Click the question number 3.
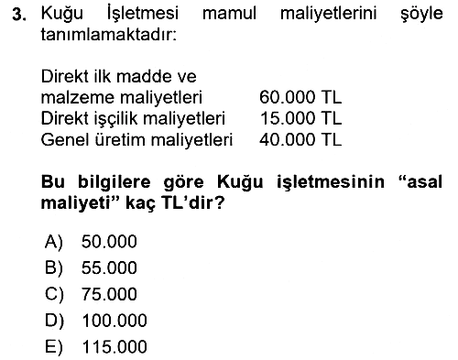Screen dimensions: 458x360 tap(19, 15)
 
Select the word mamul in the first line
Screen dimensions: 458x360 tap(229, 14)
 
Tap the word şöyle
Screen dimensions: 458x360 tap(421, 15)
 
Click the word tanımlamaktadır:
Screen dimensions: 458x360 tap(109, 35)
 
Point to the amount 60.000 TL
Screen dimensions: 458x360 tap(300, 97)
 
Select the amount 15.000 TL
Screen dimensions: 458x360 tap(301, 118)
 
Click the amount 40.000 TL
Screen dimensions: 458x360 tap(300, 139)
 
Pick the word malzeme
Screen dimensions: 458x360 tap(78, 97)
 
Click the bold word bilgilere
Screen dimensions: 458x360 tap(114, 182)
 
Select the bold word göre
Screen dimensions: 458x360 tap(183, 183)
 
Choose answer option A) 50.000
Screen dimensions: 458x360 tap(91, 242)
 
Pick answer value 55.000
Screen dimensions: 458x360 tap(109, 267)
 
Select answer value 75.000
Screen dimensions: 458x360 tap(109, 294)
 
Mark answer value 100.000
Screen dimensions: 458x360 tap(114, 321)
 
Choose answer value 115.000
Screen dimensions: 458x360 tap(114, 347)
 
